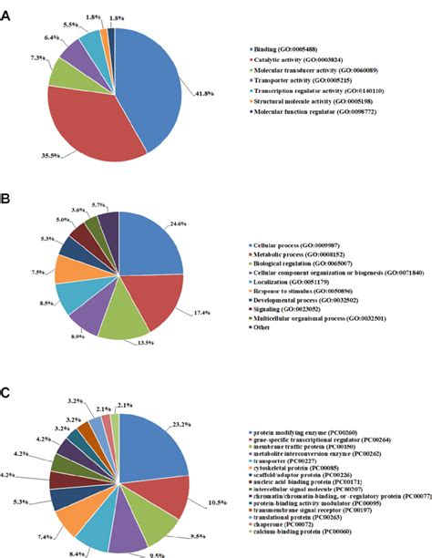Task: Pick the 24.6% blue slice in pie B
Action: (x=141, y=242)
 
